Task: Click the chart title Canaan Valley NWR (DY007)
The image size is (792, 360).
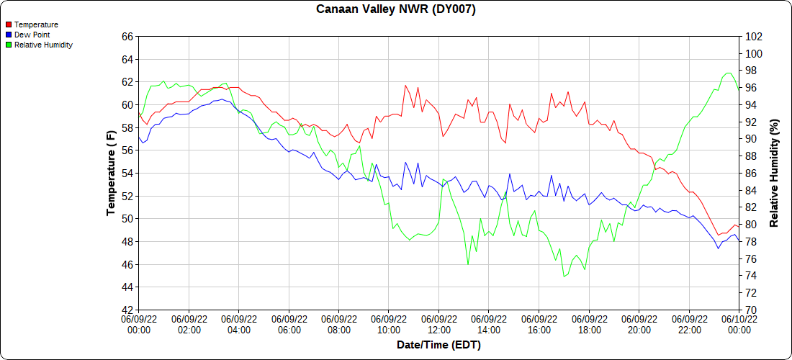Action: tap(396, 9)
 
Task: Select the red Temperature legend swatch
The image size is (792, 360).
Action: tap(9, 24)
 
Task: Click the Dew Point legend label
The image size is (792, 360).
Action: tap(32, 35)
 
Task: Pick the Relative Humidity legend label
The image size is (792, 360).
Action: tap(43, 45)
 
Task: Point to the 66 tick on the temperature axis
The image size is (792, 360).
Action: tap(127, 36)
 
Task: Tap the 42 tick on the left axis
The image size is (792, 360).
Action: tap(127, 310)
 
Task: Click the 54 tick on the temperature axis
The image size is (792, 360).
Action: tap(127, 173)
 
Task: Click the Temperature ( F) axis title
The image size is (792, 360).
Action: tap(111, 173)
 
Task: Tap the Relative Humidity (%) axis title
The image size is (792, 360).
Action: tap(775, 173)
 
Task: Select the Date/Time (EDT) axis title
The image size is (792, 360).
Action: tap(438, 345)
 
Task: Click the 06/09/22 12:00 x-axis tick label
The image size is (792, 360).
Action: tap(438, 324)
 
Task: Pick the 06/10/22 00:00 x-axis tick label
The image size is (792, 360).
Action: tap(739, 324)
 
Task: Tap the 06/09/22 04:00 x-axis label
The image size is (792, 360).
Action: tap(238, 324)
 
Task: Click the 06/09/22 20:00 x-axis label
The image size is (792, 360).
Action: tap(639, 324)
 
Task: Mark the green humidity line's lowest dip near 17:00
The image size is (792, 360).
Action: tap(564, 276)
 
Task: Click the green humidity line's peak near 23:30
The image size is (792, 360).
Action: tap(729, 73)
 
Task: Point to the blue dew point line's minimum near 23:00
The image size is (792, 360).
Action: tap(718, 248)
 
